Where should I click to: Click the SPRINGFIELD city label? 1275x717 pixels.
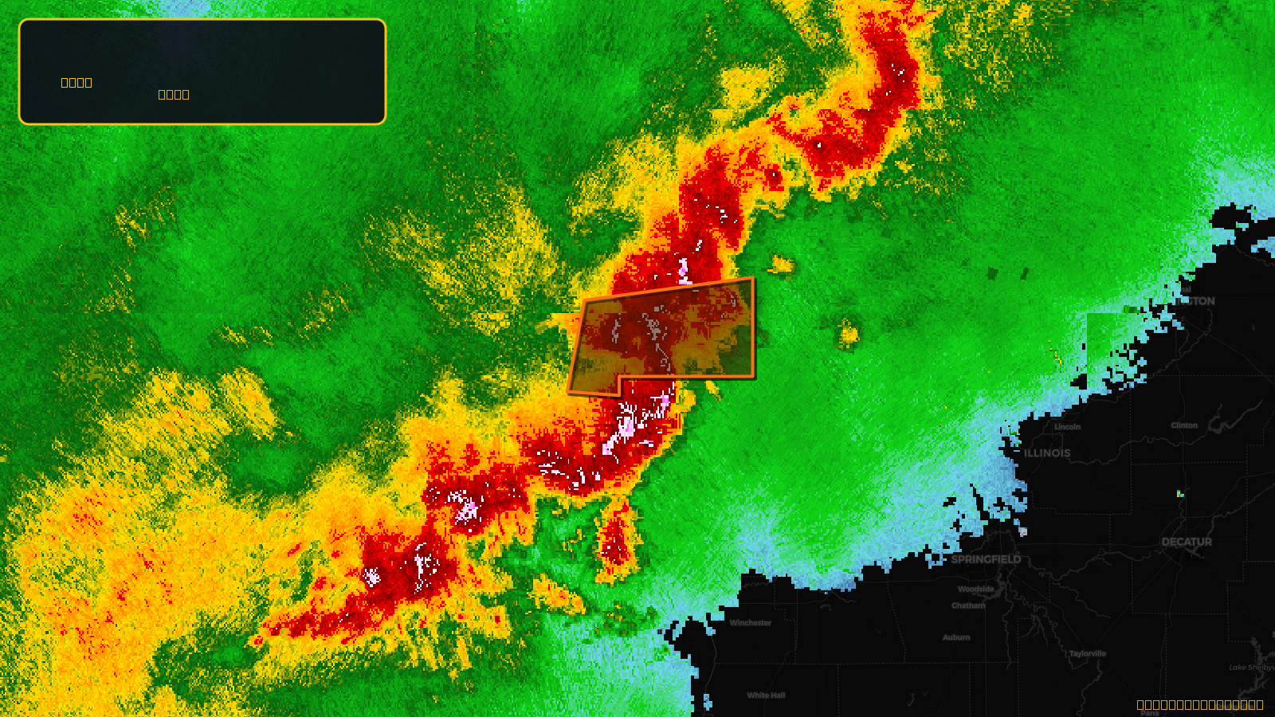(986, 559)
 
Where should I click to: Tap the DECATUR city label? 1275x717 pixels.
(1187, 542)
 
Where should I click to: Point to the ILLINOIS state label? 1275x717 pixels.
(1047, 453)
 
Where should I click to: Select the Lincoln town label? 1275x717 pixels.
(1068, 427)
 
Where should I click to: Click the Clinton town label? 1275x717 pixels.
(1184, 425)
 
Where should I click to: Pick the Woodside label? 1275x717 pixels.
(976, 590)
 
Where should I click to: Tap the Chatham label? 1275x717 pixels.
(968, 605)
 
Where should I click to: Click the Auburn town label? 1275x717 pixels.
(956, 637)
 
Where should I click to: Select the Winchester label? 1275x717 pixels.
(751, 623)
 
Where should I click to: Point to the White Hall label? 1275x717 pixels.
(766, 695)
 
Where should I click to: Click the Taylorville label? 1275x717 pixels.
(1088, 653)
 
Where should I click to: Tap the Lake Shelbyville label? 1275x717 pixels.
(1251, 668)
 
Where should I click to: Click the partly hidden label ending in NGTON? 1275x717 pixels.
(1198, 301)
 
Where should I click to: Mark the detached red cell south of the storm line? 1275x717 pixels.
(615, 542)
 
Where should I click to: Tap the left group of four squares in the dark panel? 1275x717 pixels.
(76, 82)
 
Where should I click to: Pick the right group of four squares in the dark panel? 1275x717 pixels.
(174, 94)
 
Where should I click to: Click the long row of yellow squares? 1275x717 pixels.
(1199, 704)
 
